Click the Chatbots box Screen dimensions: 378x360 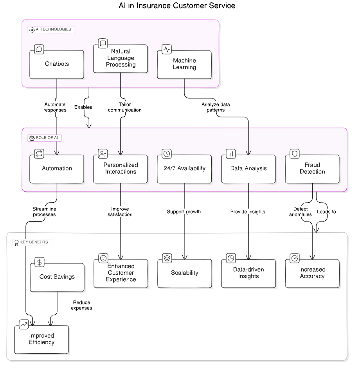(57, 64)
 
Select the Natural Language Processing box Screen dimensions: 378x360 (121, 58)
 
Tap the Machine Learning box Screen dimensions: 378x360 (184, 64)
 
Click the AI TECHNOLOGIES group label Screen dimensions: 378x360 (51, 29)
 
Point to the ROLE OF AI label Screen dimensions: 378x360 (45, 138)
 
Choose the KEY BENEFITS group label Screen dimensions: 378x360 (32, 242)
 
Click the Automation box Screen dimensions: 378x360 (57, 169)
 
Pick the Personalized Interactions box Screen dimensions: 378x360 (121, 169)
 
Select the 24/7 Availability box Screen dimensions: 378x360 (184, 169)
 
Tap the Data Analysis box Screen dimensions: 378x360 (248, 169)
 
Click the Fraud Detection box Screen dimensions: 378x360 (312, 169)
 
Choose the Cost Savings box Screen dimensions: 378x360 (57, 277)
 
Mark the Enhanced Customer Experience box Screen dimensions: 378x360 (121, 273)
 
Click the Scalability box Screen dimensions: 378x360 (185, 273)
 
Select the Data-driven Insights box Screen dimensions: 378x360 (248, 273)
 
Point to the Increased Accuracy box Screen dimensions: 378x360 (312, 273)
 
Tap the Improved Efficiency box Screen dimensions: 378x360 (41, 339)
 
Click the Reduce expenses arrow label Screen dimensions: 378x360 (81, 305)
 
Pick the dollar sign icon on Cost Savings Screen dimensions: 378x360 (40, 262)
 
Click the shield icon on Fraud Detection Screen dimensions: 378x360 (295, 153)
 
